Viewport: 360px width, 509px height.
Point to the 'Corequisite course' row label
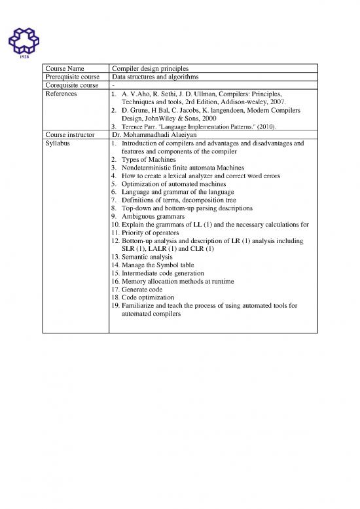coord(71,85)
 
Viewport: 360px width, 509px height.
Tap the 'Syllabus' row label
coord(59,144)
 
